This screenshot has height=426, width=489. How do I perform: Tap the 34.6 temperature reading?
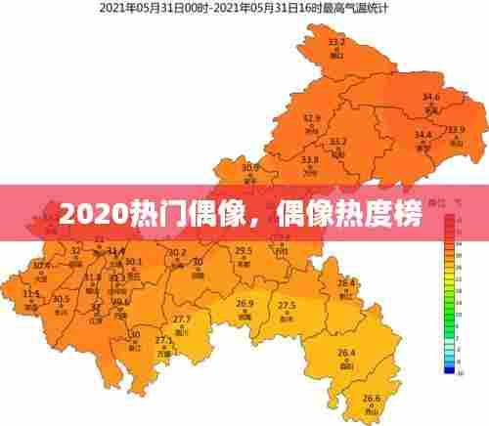coord(431,97)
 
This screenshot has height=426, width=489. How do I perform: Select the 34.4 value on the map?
coord(422,135)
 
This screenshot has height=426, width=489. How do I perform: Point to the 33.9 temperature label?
coord(456,130)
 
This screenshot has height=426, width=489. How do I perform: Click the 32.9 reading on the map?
coord(312,118)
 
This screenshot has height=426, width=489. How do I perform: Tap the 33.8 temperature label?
coord(310,159)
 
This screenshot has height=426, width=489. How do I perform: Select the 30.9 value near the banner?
coord(251,167)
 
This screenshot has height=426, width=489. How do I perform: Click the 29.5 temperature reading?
coord(244,251)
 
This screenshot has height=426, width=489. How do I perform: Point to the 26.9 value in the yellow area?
coord(244,304)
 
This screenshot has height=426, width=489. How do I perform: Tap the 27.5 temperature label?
coord(287,306)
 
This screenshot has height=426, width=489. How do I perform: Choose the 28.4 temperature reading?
coord(346,282)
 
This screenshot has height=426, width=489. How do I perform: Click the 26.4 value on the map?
coord(346,353)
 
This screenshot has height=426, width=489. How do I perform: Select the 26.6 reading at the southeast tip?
coord(371,398)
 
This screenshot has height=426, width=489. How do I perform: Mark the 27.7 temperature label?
coord(182,320)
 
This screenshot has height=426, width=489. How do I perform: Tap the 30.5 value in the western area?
coord(61,299)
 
